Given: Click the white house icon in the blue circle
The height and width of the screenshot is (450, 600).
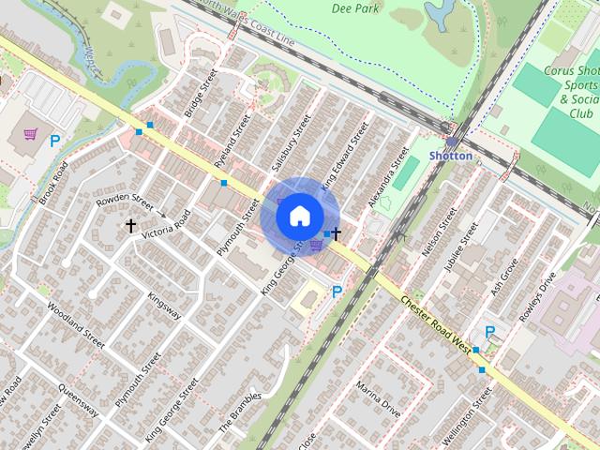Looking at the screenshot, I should tap(298, 216).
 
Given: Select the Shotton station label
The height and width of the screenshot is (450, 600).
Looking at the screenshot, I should tap(451, 156).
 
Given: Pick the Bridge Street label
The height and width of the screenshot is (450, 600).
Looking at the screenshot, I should tap(201, 93).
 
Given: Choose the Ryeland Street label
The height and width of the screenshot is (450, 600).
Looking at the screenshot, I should tap(233, 141).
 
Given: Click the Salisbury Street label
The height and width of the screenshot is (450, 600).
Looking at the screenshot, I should tap(290, 142).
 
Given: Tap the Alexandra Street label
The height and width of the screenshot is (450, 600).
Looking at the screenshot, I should tap(389, 176).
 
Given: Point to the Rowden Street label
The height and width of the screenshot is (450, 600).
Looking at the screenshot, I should tap(124, 201).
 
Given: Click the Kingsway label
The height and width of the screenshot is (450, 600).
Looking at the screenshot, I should tap(164, 306).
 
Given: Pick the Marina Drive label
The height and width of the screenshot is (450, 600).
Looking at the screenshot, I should tap(378, 398).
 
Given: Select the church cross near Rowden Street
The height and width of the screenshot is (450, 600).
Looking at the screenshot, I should tap(131, 226).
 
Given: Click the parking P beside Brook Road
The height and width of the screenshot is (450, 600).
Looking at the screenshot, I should tap(55, 142).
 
